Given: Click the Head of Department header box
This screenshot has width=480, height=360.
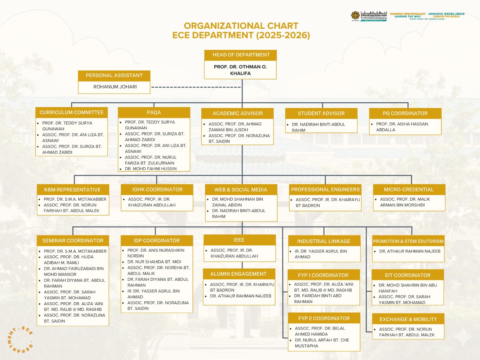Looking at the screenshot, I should pos(241,55).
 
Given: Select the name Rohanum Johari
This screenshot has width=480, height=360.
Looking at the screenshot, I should pos(115,87).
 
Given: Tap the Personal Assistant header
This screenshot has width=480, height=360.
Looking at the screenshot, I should pos(114,75).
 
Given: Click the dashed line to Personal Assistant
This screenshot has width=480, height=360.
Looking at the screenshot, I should pos(196,87).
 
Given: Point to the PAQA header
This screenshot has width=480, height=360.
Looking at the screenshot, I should pos(154,112).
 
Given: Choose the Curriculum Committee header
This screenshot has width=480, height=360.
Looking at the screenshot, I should pos(71,112).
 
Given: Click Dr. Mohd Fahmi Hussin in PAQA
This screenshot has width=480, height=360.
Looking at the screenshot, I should pos(151,169).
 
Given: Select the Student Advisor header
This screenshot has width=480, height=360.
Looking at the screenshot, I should pos(321,113).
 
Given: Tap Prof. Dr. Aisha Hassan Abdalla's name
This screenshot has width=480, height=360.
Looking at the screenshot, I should pos(402,127).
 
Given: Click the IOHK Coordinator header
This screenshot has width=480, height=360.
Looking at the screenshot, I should pos(157,190).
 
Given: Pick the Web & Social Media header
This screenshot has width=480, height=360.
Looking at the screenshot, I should pos(241,190).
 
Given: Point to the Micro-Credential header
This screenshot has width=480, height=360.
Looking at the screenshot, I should pos(409,190).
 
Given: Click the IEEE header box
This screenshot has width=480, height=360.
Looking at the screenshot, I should pos(239,240).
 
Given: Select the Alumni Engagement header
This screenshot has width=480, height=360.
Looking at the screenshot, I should pos(238,274).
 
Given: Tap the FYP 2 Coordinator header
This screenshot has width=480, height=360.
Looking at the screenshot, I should pos(324,318).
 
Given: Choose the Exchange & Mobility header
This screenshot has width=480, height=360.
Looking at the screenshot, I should pos(408,319).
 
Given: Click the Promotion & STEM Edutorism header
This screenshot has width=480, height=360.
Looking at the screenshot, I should pos(408,241).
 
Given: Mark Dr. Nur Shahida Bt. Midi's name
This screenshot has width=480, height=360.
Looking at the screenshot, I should pos(154,262).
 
